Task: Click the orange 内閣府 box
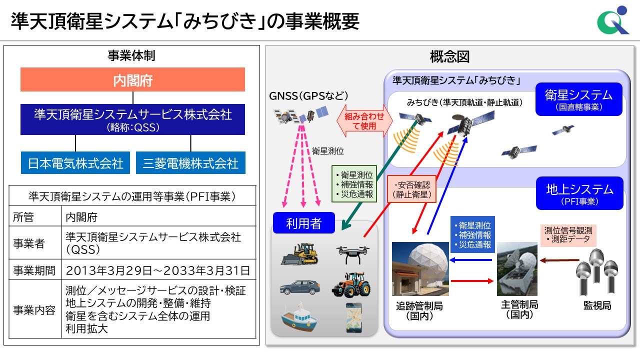click(x=132, y=79)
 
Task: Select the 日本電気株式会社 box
click(x=75, y=163)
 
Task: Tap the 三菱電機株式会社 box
click(x=190, y=163)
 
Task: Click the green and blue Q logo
click(x=613, y=20)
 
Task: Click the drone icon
click(x=353, y=254)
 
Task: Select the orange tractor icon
click(x=351, y=285)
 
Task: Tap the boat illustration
click(x=299, y=317)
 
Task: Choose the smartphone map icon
click(x=354, y=317)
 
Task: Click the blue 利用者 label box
click(x=303, y=223)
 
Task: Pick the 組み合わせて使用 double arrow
click(x=364, y=120)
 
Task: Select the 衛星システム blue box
click(x=579, y=99)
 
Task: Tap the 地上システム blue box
click(x=579, y=193)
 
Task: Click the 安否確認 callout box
click(x=411, y=189)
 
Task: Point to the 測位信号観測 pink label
click(x=568, y=235)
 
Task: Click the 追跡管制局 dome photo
click(x=420, y=269)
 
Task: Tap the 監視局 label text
click(x=597, y=305)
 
